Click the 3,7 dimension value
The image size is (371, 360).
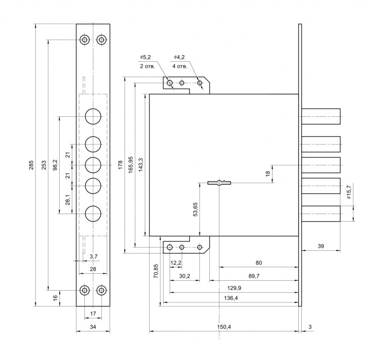click(93, 257)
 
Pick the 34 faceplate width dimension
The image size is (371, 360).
click(93, 327)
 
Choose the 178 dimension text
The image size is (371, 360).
click(120, 165)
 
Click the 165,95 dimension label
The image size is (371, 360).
click(131, 165)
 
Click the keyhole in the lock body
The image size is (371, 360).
click(220, 183)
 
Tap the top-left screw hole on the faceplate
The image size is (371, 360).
click(85, 40)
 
